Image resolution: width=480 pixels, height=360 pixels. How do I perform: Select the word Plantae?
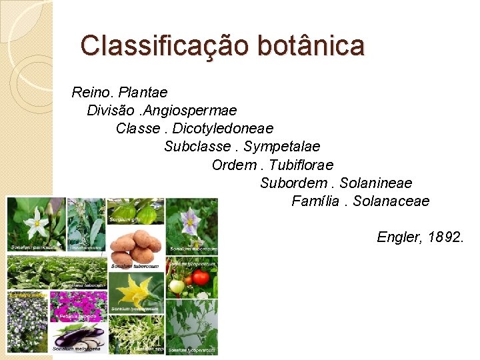[143, 91]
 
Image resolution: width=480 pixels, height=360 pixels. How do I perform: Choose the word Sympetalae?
[282, 145]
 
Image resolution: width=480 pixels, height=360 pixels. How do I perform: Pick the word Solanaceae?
[391, 200]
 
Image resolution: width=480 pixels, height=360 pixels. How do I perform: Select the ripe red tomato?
[201, 276]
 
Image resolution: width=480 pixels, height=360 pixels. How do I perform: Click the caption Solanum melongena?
[77, 348]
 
